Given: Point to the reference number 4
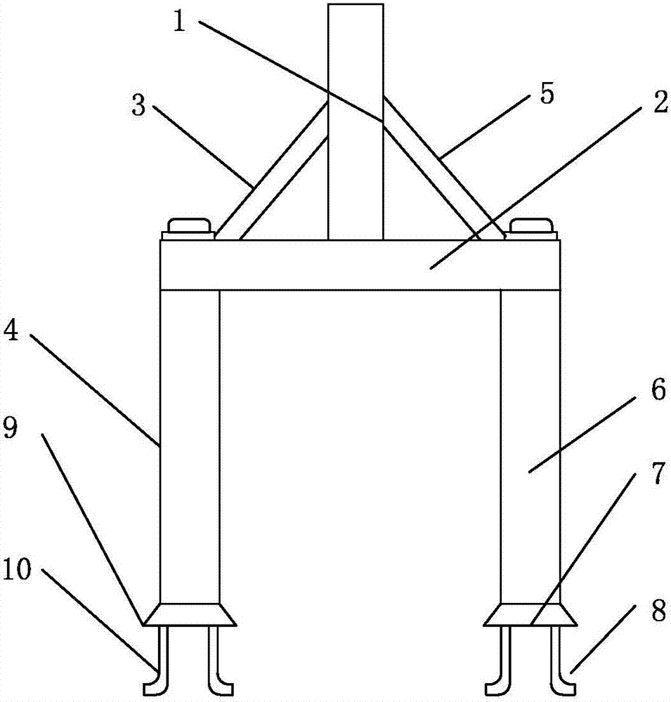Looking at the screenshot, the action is point(11,332).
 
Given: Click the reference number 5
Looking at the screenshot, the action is point(547,93).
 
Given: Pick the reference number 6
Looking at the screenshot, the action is point(658,390).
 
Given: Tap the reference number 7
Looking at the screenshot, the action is point(658,474).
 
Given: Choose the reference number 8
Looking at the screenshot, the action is point(658,611).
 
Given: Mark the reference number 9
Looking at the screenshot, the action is point(10,428).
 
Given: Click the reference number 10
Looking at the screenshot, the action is point(16,570).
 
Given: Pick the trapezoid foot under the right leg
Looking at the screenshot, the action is point(530,614).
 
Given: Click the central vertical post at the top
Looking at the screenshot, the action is point(356,121).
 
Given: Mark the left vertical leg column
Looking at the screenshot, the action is point(190,446).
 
